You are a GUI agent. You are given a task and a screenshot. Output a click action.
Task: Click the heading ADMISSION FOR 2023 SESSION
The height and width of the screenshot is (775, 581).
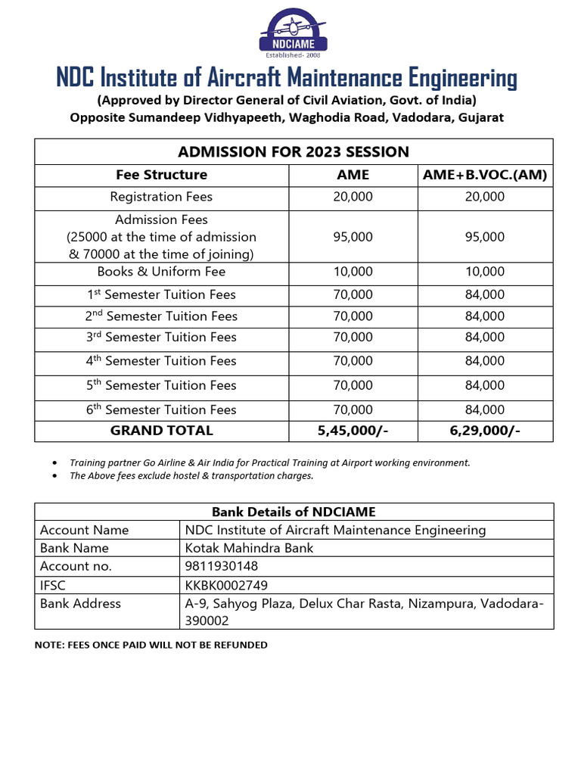294,151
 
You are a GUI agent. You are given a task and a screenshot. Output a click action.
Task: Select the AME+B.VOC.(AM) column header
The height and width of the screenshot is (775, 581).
485,175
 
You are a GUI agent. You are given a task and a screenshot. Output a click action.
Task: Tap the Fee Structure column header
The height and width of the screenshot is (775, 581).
161,175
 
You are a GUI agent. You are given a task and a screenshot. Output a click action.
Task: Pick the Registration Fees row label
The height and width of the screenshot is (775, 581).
161,197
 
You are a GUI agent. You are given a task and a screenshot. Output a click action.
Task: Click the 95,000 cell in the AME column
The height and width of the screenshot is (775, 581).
353,237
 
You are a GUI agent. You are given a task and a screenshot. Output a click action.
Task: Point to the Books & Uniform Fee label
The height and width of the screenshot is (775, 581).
161,272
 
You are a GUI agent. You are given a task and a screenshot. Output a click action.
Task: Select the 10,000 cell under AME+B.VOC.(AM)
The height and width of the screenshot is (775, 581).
485,272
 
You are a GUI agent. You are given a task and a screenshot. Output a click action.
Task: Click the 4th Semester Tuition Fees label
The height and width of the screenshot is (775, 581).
161,361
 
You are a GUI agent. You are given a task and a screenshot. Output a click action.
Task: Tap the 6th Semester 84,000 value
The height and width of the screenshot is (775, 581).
485,410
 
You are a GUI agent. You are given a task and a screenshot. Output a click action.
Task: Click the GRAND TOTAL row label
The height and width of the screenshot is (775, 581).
161,431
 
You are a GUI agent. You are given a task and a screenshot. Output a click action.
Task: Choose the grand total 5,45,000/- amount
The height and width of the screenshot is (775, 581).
353,431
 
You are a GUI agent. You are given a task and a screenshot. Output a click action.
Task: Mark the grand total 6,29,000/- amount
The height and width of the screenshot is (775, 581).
485,431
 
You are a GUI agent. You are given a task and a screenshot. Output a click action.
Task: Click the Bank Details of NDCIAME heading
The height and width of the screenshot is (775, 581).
294,512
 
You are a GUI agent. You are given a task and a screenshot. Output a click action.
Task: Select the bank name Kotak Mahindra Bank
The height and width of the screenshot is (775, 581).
249,548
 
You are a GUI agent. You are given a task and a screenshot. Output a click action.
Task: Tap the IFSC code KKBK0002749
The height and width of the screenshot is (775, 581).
226,585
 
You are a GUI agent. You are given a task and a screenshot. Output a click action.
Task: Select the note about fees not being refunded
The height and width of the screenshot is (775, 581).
151,645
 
